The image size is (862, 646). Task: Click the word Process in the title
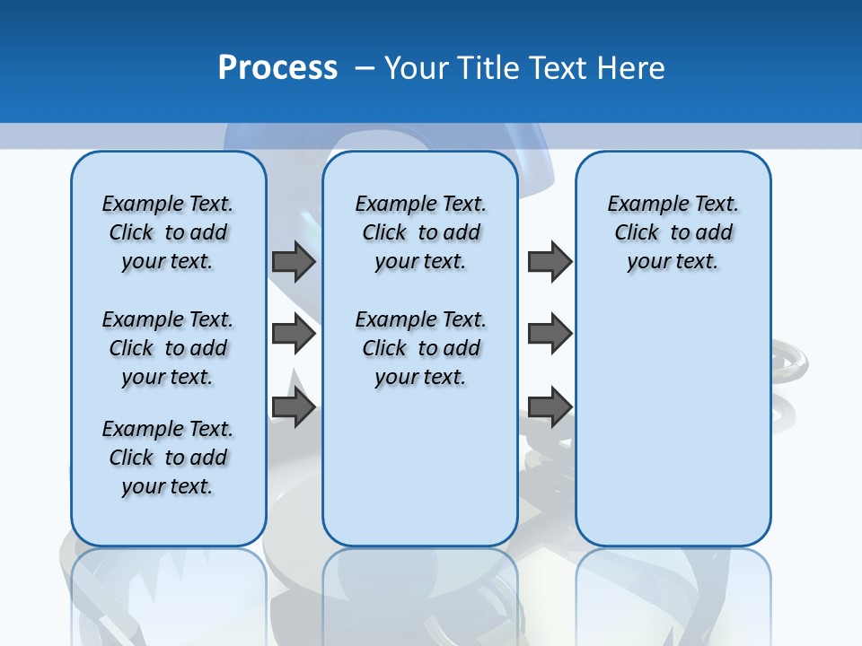click(277, 68)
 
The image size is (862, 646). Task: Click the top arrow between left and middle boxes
click(294, 261)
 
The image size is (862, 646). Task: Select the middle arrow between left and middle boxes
click(294, 335)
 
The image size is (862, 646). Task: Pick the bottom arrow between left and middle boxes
click(294, 407)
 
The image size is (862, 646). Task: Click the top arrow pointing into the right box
click(550, 261)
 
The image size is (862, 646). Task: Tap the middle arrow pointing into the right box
click(550, 334)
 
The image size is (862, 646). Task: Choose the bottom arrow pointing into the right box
click(550, 406)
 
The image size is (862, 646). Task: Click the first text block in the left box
click(168, 232)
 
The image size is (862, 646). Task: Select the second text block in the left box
click(168, 348)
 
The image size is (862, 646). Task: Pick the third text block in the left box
click(168, 458)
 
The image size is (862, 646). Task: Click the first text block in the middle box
click(421, 232)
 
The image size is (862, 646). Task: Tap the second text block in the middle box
click(421, 348)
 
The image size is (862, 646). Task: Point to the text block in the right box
click(673, 232)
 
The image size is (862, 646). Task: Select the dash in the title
click(365, 68)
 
